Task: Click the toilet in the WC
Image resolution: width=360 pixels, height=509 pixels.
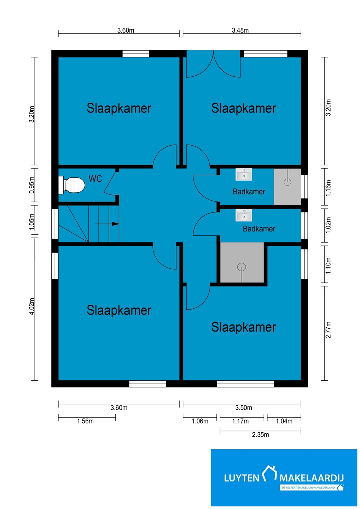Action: [x=71, y=185]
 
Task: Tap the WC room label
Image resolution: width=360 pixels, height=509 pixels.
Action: [x=95, y=179]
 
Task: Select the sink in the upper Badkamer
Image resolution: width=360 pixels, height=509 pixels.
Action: [x=243, y=175]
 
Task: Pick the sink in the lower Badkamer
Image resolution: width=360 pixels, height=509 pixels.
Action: [x=243, y=215]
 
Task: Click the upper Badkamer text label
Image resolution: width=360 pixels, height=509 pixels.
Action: [x=249, y=192]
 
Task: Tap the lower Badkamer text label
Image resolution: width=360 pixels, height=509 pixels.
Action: [x=259, y=229]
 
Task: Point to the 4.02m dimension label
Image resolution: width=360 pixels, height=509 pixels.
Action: [x=32, y=306]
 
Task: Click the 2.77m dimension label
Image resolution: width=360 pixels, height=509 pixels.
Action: [x=328, y=330]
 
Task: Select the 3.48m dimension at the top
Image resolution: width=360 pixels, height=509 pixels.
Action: [x=240, y=30]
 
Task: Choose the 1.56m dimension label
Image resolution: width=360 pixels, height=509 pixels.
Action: [x=85, y=421]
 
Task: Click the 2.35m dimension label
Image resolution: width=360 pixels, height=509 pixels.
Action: [x=260, y=435]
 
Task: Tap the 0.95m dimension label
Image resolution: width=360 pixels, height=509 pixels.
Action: [x=32, y=185]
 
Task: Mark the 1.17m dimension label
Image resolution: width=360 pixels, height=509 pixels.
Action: [x=240, y=421]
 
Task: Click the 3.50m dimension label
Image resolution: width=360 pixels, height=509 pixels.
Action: [x=244, y=408]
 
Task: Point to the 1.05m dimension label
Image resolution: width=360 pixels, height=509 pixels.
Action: [x=32, y=222]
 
